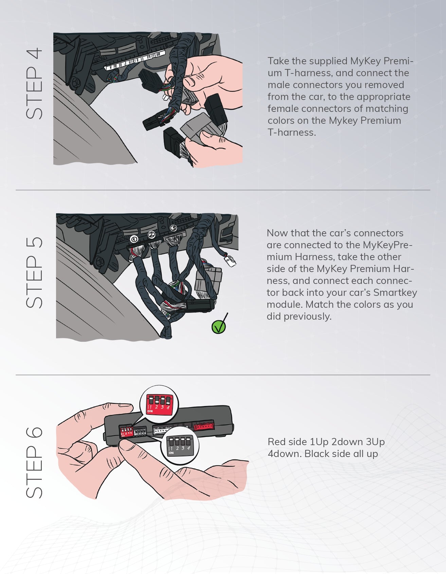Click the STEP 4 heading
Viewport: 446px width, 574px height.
34,84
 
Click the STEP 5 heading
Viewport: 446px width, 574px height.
34,272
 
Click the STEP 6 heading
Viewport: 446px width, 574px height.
34,463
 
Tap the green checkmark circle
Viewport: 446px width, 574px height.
218,327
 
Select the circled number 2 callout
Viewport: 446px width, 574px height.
151,234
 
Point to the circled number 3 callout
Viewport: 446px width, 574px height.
173,228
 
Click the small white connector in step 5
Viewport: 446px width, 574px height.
230,261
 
